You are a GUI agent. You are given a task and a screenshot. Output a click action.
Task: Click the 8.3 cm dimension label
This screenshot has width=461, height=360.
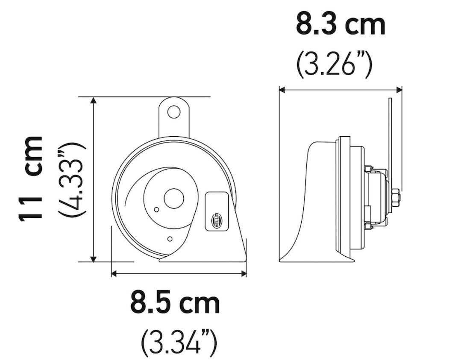pos(341,25)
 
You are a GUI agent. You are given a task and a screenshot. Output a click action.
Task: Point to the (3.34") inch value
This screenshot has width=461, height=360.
pos(179,341)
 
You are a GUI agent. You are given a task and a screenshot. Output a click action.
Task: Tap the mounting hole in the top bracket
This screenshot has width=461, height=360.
pos(173,112)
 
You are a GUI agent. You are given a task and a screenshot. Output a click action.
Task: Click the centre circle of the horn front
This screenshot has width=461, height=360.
pos(173,199)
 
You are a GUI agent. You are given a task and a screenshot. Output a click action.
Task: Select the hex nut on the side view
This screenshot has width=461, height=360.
pos(395,198)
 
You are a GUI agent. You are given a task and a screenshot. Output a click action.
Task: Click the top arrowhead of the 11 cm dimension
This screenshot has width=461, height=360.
pos(94,100)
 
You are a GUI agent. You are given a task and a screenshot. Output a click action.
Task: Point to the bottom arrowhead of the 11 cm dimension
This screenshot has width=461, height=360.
pos(94,259)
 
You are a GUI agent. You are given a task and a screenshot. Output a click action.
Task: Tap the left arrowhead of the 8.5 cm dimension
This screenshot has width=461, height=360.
pos(114,273)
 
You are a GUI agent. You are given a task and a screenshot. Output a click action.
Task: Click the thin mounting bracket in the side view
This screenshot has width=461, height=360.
pos(390,137)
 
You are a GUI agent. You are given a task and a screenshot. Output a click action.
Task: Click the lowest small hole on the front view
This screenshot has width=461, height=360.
pos(170,239)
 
